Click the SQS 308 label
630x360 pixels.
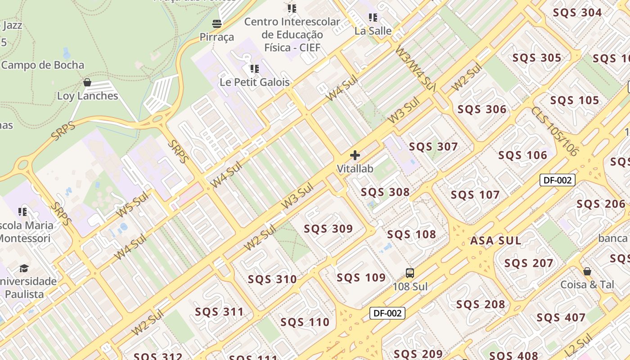click(x=385, y=193)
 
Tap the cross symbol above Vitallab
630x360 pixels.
click(x=355, y=156)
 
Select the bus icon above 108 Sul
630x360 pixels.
click(x=409, y=273)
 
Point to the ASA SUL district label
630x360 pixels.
click(x=495, y=241)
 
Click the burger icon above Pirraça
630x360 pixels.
click(x=217, y=23)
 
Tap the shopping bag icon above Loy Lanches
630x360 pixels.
click(x=87, y=82)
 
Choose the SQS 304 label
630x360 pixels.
click(x=577, y=13)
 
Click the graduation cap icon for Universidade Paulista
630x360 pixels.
click(x=24, y=269)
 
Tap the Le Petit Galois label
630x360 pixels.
click(x=255, y=82)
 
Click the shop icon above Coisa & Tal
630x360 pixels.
click(x=587, y=271)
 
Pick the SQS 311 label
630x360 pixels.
click(x=219, y=312)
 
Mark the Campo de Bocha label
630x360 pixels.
click(x=43, y=65)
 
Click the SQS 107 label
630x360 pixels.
click(x=475, y=195)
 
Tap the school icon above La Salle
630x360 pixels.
click(x=373, y=18)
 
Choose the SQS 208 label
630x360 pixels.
click(x=481, y=305)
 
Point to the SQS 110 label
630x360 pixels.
click(x=305, y=322)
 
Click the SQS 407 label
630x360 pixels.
click(x=561, y=318)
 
